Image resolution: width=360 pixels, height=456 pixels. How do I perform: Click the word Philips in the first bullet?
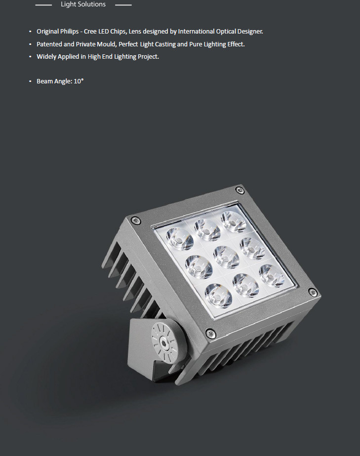click(x=69, y=32)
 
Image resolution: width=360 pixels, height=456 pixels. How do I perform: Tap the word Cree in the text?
click(x=90, y=32)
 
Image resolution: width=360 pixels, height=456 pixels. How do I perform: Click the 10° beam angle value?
click(x=79, y=81)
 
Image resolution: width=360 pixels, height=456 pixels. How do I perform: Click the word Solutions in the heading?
click(x=92, y=4)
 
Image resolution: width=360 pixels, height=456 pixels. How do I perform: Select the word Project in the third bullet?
click(x=149, y=57)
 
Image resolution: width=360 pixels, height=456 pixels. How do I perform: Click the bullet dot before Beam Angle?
click(x=30, y=81)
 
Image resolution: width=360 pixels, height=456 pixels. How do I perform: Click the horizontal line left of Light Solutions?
click(x=43, y=5)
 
